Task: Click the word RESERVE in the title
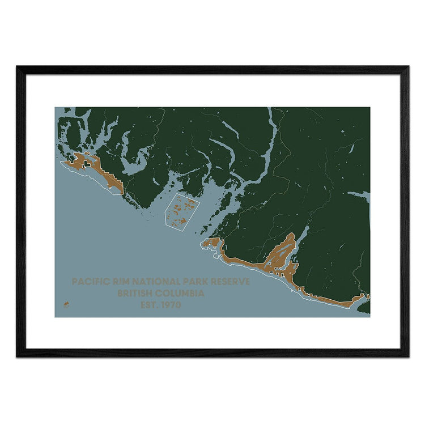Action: pyautogui.click(x=230, y=282)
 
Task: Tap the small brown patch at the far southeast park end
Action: pyautogui.click(x=367, y=296)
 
